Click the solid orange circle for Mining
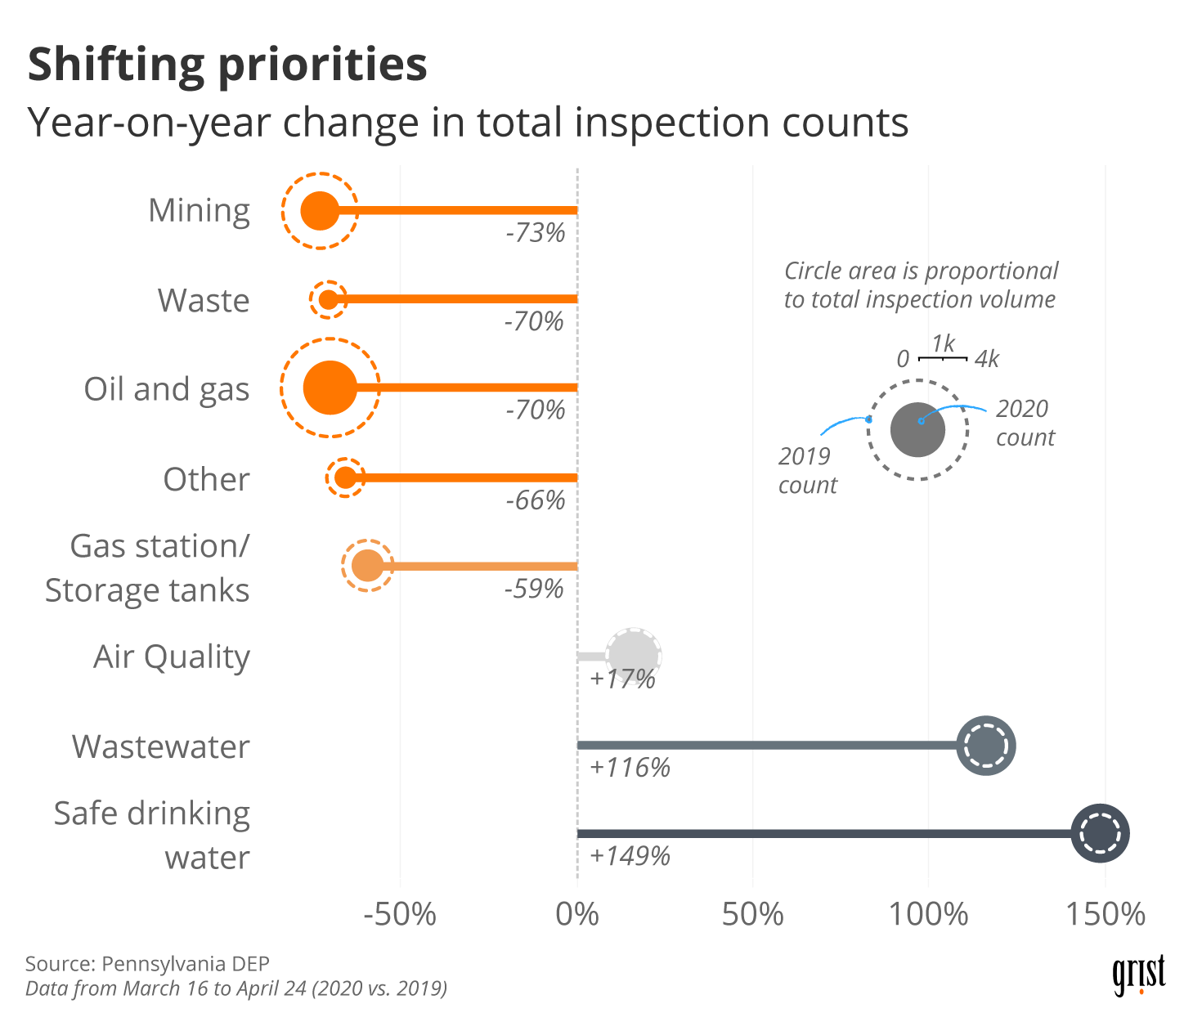[320, 210]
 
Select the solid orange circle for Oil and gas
[330, 388]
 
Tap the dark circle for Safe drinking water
[1100, 833]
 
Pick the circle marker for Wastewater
[986, 746]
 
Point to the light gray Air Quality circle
[634, 656]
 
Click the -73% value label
[536, 233]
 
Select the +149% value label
[630, 856]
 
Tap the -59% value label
[534, 589]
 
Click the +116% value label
[630, 768]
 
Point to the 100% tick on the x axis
[929, 914]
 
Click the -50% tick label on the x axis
[400, 914]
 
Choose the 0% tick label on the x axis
[577, 914]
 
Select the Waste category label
[204, 300]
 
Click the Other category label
[206, 479]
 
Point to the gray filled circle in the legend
[917, 429]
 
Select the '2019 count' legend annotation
[807, 470]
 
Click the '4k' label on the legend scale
[987, 359]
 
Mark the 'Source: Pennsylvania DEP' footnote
[147, 964]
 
